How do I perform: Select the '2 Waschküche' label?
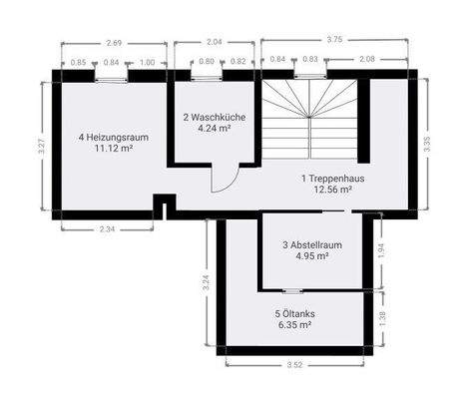pyautogui.click(x=208, y=117)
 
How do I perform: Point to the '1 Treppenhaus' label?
pyautogui.click(x=332, y=177)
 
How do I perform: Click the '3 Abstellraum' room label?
pyautogui.click(x=312, y=243)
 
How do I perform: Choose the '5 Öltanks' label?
pyautogui.click(x=294, y=312)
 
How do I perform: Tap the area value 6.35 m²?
pyautogui.click(x=294, y=324)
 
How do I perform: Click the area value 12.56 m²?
pyautogui.click(x=332, y=189)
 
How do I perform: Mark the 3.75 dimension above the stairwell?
pyautogui.click(x=334, y=40)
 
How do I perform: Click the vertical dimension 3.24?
pyautogui.click(x=206, y=282)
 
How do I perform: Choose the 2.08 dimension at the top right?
pyautogui.click(x=367, y=60)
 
